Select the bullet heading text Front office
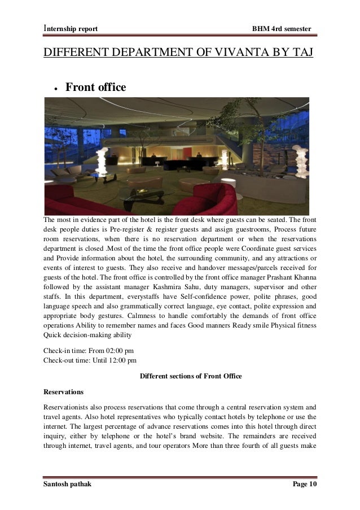pyautogui.click(x=96, y=88)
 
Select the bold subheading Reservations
pyautogui.click(x=63, y=391)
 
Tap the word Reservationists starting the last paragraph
pyautogui.click(x=68, y=406)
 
